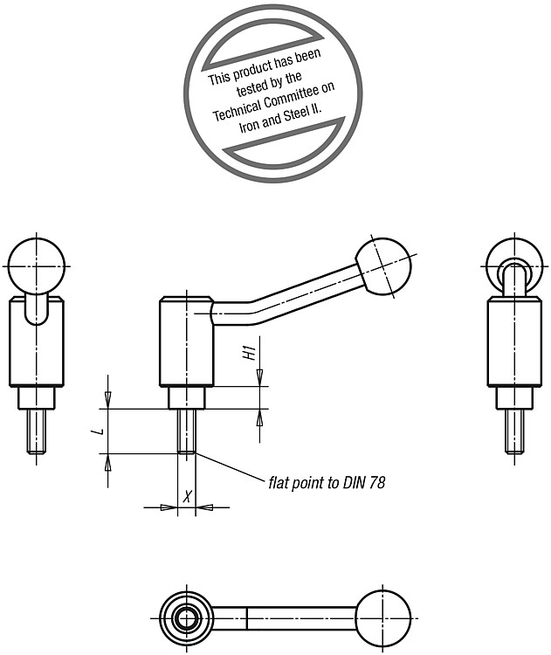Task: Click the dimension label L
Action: [x=100, y=431]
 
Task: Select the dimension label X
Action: [x=188, y=497]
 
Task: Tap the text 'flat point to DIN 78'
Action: [x=327, y=483]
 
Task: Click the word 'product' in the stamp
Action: [x=251, y=69]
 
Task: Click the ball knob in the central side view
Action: [x=384, y=266]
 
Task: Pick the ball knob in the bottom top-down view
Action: [x=383, y=618]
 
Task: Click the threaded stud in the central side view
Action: [x=186, y=431]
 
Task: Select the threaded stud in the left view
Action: [x=37, y=431]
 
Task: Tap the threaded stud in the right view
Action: [x=514, y=431]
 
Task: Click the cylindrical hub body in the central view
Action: [x=186, y=341]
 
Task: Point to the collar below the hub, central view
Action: [x=186, y=397]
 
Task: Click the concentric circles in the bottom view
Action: [x=186, y=618]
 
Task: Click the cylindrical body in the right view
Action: [x=514, y=341]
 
